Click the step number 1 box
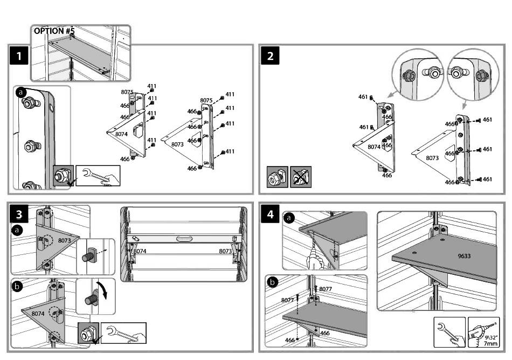(x=19, y=56)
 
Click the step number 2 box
(x=270, y=56)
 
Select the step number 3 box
(x=19, y=214)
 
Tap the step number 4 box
(x=270, y=214)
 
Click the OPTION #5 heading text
(x=54, y=31)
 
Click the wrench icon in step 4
(x=449, y=331)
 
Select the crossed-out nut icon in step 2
(x=301, y=177)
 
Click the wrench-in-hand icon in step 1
(x=98, y=176)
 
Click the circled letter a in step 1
(x=21, y=92)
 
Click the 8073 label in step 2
(x=432, y=158)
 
